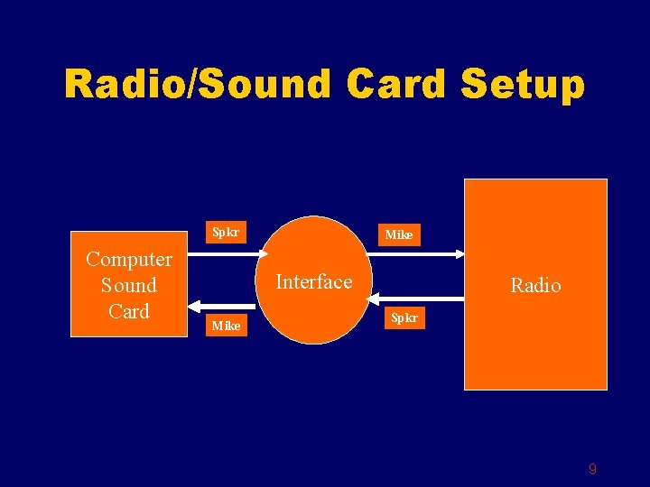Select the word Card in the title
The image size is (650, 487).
point(396,85)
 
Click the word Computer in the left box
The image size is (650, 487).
point(129,260)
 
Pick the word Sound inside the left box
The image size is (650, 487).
point(129,286)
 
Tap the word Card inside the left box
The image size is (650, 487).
point(129,311)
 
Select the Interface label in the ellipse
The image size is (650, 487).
point(313,282)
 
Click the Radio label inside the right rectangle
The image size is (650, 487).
point(535,286)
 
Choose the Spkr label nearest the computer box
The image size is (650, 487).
point(225,232)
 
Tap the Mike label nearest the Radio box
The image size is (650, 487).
point(399,234)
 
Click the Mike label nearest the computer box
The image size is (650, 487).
point(226,326)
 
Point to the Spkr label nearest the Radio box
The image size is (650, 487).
point(403,318)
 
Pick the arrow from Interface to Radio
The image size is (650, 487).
point(415,254)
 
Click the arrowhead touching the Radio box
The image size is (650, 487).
point(458,254)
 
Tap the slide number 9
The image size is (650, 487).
point(592,469)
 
